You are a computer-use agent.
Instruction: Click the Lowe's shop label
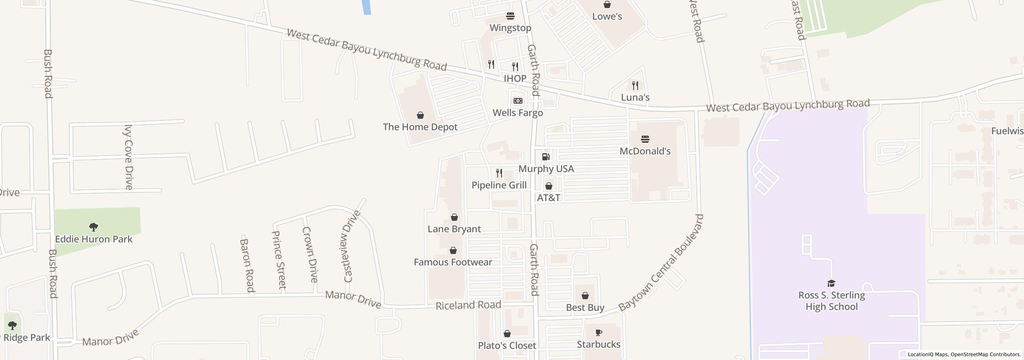click(x=607, y=16)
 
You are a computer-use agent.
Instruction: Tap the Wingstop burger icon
click(x=510, y=16)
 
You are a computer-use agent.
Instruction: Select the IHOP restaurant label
click(x=515, y=78)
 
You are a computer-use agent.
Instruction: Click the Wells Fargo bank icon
click(x=518, y=101)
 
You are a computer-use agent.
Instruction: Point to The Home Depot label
click(x=420, y=127)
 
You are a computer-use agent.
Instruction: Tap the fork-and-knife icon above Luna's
click(x=635, y=85)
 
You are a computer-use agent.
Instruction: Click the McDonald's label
click(x=645, y=151)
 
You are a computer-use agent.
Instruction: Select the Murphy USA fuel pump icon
click(x=546, y=157)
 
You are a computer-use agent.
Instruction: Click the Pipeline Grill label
click(x=499, y=185)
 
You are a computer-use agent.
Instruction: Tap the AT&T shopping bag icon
click(x=549, y=186)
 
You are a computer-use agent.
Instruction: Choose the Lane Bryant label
click(x=454, y=229)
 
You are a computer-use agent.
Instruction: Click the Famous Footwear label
click(x=453, y=262)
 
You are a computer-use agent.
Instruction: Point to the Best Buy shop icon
click(x=585, y=296)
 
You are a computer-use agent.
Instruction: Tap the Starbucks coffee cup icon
click(x=599, y=332)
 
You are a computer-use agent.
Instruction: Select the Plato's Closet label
click(x=507, y=346)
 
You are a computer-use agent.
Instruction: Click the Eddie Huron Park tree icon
click(x=94, y=227)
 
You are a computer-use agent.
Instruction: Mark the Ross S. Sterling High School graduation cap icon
click(x=831, y=284)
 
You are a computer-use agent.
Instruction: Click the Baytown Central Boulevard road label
click(x=661, y=263)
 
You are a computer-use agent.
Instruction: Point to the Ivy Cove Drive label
click(x=128, y=157)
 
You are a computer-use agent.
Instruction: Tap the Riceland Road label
click(x=468, y=306)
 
